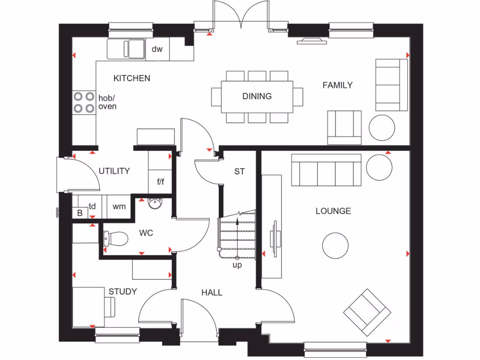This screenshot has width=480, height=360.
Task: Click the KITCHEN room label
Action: [x=132, y=78]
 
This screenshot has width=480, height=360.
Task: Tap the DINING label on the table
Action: [x=257, y=96]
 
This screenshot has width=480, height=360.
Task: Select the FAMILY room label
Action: [x=337, y=85]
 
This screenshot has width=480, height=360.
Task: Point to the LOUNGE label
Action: [x=333, y=211]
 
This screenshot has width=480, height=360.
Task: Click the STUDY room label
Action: [x=123, y=292]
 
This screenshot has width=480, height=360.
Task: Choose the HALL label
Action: [x=212, y=292]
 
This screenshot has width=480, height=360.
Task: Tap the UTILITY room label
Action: [x=114, y=171]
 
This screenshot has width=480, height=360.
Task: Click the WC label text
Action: [x=146, y=232]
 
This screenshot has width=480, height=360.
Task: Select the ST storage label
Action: [x=240, y=172]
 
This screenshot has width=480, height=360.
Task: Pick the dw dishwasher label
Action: [x=157, y=49]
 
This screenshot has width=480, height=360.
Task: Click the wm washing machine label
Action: [x=119, y=206]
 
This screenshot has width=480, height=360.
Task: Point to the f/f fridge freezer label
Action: [x=160, y=181]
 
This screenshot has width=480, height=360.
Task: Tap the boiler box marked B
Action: [x=80, y=213]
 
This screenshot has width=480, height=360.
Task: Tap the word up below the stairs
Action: [x=237, y=265]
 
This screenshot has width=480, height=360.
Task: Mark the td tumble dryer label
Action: [x=92, y=206]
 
